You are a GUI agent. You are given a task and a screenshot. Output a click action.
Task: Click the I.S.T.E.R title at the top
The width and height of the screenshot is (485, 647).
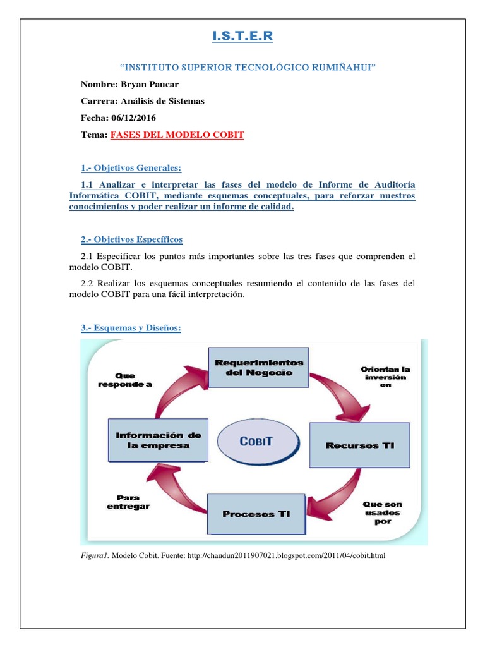coord(242,37)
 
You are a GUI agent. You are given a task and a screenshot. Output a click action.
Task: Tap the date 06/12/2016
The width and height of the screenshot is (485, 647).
coord(133,118)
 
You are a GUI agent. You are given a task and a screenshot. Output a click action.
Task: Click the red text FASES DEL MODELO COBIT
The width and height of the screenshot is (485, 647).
coord(177,135)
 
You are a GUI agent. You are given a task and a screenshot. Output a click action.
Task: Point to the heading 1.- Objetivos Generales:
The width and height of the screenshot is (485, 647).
coord(131,167)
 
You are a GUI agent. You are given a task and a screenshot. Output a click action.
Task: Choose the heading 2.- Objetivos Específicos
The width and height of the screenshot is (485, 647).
coord(131,239)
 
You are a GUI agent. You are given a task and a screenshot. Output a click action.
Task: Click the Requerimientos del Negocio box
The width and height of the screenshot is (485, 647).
coord(259,367)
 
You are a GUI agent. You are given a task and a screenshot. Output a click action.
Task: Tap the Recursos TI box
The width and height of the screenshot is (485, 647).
coord(359,445)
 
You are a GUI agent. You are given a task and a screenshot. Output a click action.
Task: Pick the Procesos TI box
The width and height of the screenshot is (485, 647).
coord(256,514)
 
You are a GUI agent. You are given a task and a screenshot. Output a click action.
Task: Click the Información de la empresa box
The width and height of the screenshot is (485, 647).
coord(158,440)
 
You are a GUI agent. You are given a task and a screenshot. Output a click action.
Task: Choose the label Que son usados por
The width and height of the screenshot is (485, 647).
coord(382,512)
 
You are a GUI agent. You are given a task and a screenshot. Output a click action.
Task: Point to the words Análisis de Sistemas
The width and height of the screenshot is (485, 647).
coord(162,101)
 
